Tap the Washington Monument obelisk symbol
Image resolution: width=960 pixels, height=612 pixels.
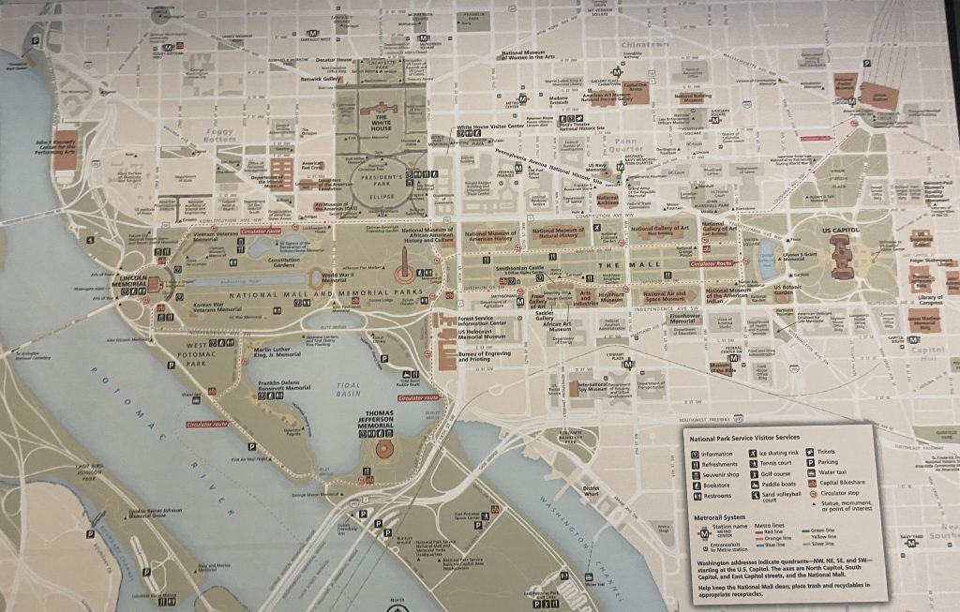(402, 275)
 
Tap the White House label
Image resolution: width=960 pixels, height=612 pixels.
(382, 124)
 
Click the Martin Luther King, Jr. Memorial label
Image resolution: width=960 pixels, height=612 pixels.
(277, 354)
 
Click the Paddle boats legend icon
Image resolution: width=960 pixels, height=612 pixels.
(754, 485)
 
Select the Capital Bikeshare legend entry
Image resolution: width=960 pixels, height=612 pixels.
(844, 484)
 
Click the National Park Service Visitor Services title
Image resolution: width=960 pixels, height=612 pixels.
(744, 438)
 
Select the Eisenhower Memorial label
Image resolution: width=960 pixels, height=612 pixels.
(665, 317)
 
